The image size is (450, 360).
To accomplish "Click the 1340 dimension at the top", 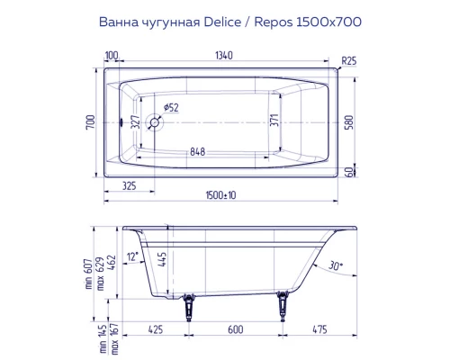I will tap(224, 57).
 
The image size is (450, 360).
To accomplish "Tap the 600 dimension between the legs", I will tap(236, 329).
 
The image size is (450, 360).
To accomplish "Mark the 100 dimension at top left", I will tap(111, 57).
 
